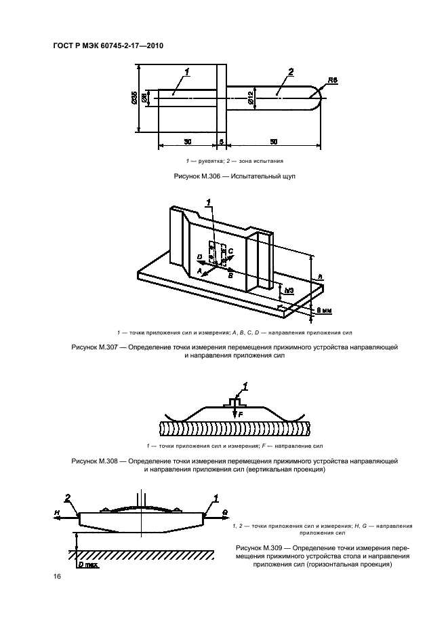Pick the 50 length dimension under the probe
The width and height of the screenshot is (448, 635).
(273, 141)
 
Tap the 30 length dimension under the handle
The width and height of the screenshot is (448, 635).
(187, 141)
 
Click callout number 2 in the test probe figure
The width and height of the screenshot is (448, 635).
(290, 72)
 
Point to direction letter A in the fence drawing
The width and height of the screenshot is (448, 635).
(200, 269)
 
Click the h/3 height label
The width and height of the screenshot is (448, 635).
(289, 290)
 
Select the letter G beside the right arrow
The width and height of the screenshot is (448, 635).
(223, 510)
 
